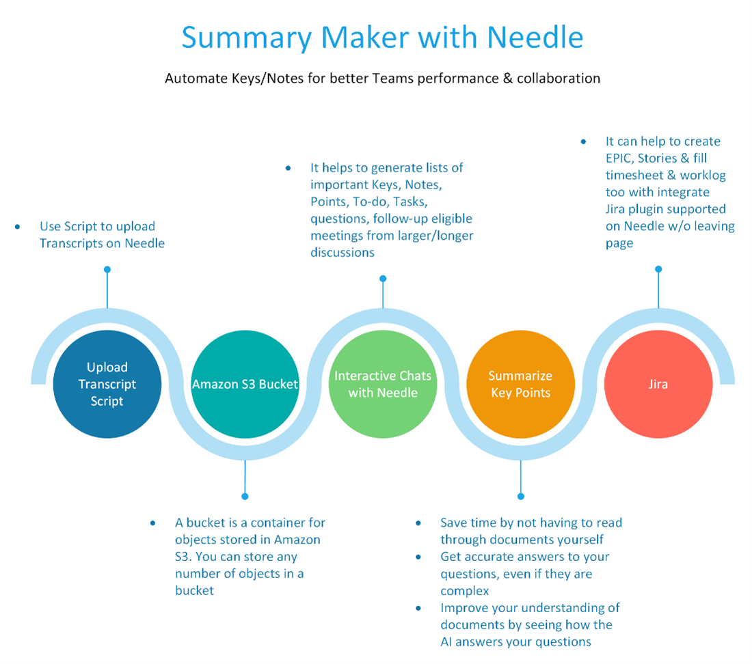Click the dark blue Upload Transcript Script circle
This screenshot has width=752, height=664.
point(107,384)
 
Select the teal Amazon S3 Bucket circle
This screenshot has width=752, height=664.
point(245,384)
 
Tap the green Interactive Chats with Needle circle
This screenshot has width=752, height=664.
point(383,384)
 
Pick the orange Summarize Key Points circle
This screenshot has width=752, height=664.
point(520,384)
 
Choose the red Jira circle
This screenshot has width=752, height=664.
point(658,384)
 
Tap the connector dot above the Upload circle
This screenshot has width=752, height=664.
point(107,270)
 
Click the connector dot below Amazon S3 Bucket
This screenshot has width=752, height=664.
point(245,496)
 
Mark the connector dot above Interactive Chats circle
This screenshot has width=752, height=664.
point(383,278)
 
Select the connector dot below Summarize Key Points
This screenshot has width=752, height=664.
point(520,496)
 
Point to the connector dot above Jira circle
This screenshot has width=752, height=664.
point(658,270)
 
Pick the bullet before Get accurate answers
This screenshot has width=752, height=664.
point(418,557)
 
